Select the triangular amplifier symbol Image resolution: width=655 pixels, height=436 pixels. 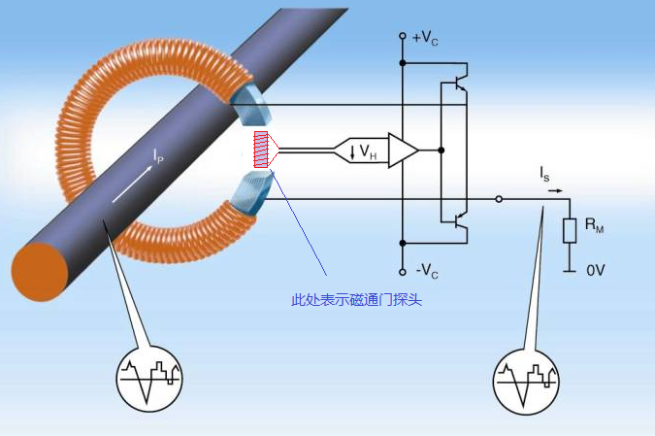402,151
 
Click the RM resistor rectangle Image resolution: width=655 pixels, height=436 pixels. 570,231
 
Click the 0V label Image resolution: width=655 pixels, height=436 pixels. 595,271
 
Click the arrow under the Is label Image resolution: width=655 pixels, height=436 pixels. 554,190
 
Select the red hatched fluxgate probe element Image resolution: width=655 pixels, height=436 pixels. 261,151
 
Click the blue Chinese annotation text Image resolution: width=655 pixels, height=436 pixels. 356,300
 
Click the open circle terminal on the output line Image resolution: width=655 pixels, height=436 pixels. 499,199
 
